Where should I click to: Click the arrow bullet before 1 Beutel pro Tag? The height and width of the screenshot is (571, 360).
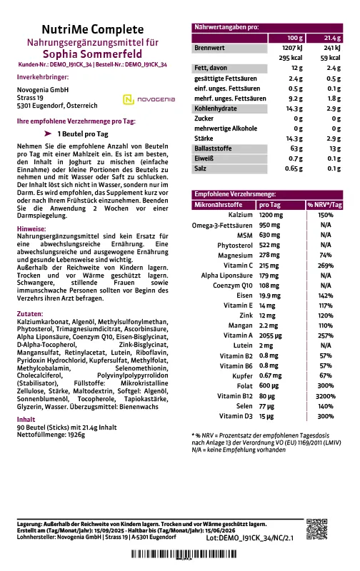click(x=48, y=133)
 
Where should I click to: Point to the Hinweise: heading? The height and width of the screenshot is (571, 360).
click(x=31, y=225)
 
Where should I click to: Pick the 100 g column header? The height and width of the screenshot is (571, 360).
click(x=296, y=37)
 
